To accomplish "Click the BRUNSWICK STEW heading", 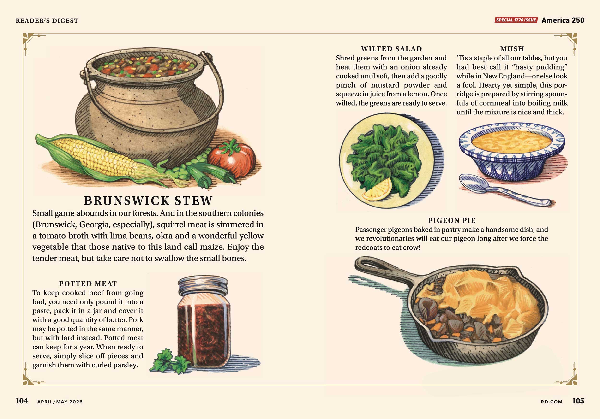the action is click(148, 201).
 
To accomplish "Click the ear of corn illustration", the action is click(105, 159).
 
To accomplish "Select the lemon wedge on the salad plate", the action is click(377, 190).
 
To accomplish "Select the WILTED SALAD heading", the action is click(391, 49).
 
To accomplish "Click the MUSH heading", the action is click(512, 49).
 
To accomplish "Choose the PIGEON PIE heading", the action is click(452, 220).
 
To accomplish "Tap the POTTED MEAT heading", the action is click(88, 284).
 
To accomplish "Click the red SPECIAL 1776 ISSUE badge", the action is click(516, 20).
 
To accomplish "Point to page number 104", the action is click(22, 401).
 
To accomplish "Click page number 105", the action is click(578, 401).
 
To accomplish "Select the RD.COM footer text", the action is click(551, 402).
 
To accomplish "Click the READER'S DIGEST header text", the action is click(47, 21).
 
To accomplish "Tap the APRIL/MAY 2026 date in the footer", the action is click(60, 402).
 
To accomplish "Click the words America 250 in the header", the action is click(563, 20).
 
